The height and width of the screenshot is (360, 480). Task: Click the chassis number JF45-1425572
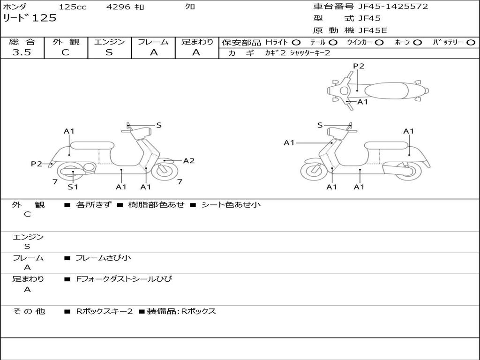click(393, 7)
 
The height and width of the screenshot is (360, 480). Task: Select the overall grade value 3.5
click(22, 52)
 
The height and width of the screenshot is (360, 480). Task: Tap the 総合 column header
click(22, 42)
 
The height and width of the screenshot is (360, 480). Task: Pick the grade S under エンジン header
click(109, 52)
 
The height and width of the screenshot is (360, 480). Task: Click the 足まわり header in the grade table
click(197, 42)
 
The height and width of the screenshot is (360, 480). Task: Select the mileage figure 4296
click(119, 7)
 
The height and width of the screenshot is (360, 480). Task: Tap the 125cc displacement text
click(73, 7)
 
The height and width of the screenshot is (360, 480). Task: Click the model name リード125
click(30, 18)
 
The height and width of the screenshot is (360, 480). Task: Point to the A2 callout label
click(189, 161)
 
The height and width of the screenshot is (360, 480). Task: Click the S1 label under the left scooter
click(73, 187)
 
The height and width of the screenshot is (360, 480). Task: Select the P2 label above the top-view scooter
click(359, 66)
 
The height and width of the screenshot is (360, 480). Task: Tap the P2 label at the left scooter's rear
click(37, 164)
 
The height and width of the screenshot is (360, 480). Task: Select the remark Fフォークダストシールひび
click(124, 279)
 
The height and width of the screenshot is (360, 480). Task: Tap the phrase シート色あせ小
click(231, 205)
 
